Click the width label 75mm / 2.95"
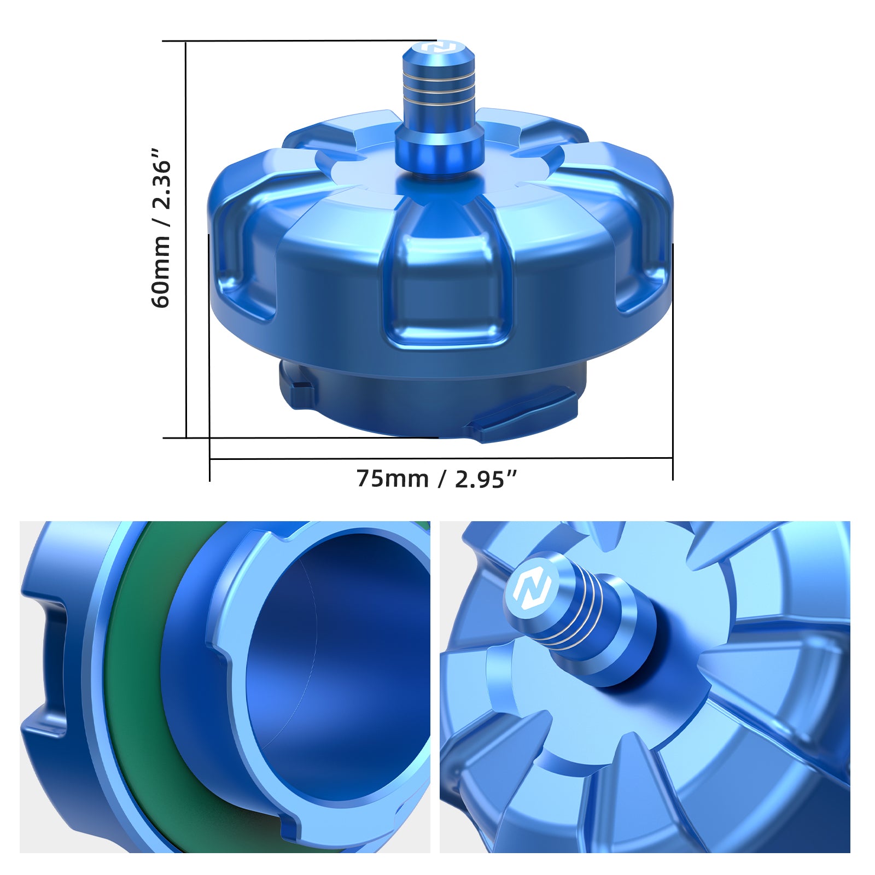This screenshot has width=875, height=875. click(x=436, y=479)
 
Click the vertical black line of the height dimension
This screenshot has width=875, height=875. click(x=186, y=241)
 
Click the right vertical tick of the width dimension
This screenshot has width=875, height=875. click(x=673, y=361)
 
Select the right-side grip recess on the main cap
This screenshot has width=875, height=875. click(x=643, y=262)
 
